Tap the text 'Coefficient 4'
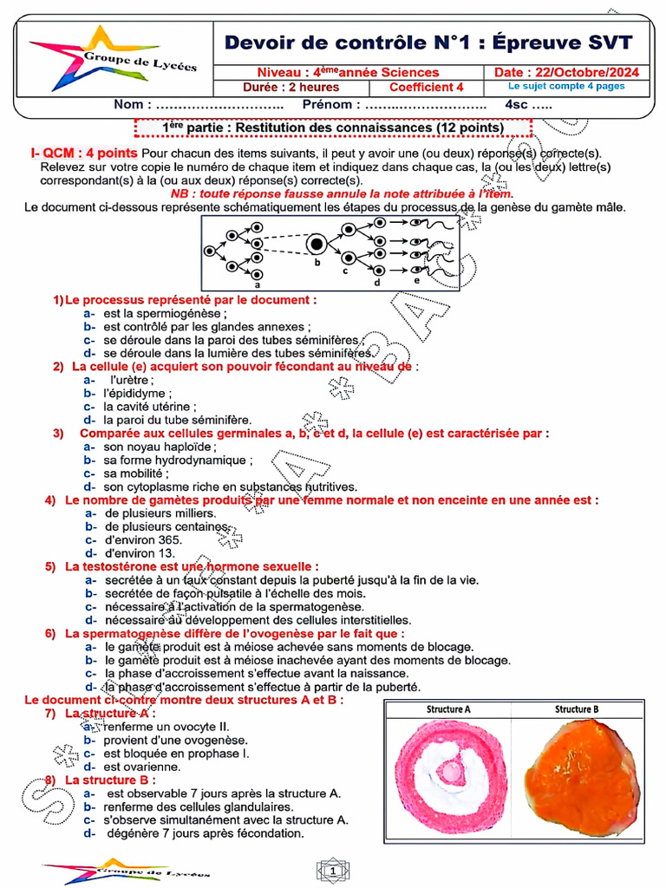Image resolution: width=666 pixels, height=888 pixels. pos(426,88)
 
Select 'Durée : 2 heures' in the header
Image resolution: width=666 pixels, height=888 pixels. pos(291,88)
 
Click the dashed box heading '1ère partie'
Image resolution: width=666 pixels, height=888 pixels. pos(333,127)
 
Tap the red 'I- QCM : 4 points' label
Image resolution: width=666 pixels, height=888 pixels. pos(78,153)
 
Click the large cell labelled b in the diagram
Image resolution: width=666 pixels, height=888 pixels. pos(317,245)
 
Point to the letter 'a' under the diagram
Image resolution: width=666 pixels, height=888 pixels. pos(258,284)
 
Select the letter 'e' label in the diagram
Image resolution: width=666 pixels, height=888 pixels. pos(417,279)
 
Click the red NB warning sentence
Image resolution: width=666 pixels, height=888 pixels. pos(342,194)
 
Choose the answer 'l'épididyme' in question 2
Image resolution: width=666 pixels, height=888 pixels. pos(134,393)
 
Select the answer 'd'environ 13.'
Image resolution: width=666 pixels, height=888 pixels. pos(140,552)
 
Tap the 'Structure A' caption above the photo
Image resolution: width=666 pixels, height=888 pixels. pos(448,708)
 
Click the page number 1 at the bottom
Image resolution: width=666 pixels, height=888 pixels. pos(332,869)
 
